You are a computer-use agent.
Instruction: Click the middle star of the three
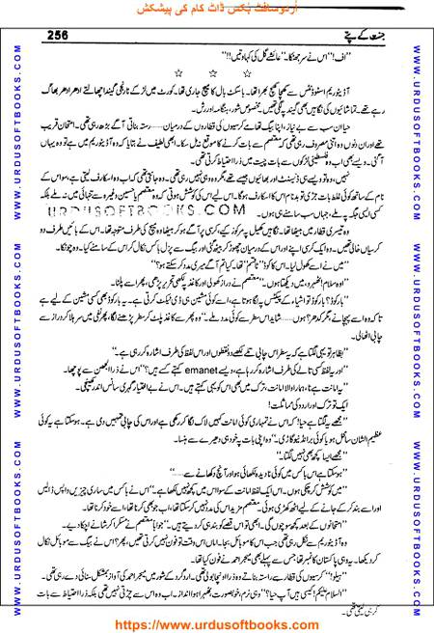pos(212,73)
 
